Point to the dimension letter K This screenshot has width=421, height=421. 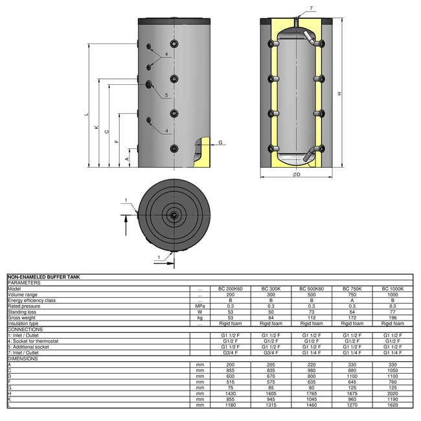97,129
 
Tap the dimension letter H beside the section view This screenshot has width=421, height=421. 339,95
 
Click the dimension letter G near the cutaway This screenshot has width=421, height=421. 220,142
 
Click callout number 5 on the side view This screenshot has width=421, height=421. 166,95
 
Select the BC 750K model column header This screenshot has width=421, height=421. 352,288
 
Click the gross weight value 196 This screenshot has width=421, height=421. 393,317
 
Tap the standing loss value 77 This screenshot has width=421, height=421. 393,312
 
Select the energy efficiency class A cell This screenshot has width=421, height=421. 352,300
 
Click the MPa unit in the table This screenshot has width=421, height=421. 200,306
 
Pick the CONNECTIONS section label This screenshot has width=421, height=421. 25,329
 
